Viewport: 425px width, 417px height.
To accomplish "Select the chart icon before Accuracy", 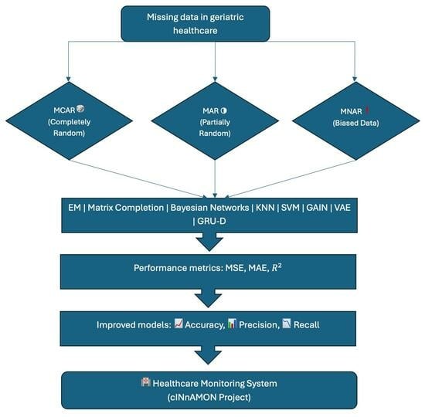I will [178, 325].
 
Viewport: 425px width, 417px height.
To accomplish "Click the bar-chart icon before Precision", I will [232, 325].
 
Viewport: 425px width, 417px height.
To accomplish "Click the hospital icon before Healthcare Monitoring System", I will [136, 383].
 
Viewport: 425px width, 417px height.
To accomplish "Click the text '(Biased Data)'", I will [356, 134].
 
